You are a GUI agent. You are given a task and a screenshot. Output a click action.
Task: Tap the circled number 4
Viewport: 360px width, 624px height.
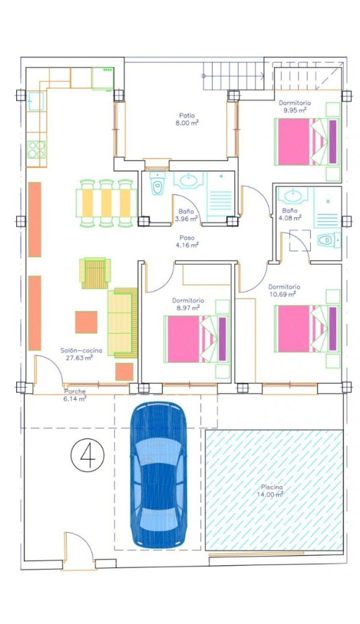pos(88,455)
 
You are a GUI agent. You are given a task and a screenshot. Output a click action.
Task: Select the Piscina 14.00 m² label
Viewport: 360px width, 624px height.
pos(272,491)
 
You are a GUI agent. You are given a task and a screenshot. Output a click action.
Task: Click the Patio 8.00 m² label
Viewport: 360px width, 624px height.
pos(187,119)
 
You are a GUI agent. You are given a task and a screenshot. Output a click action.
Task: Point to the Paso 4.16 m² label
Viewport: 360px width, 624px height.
pos(187,241)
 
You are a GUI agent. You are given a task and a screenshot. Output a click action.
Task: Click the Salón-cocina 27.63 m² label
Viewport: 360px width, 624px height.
pos(81,354)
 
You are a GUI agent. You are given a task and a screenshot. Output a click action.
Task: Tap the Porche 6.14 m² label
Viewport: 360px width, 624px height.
pos(75,395)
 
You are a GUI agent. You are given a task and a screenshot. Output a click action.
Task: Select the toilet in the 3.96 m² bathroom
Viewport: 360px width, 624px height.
pos(158,184)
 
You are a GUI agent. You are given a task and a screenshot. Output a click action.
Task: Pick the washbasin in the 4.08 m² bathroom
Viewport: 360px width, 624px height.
pos(293,195)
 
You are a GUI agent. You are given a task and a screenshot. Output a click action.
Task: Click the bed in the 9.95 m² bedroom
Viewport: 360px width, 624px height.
pos(307,141)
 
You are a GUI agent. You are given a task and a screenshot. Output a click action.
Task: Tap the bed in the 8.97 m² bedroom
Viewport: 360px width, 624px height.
pos(197,339)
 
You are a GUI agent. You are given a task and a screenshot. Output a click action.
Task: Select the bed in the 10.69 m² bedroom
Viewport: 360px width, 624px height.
pos(307,329)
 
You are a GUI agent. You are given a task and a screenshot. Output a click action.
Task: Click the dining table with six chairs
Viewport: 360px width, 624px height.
pos(106,203)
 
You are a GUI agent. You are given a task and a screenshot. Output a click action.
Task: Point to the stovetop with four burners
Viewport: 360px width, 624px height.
pos(36,149)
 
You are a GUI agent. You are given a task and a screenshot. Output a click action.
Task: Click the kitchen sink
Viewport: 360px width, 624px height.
pos(36,101)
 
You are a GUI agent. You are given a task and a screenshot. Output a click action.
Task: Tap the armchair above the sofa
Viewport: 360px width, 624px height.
pos(95,273)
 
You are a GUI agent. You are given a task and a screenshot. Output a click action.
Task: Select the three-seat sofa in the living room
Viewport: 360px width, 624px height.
pos(122,323)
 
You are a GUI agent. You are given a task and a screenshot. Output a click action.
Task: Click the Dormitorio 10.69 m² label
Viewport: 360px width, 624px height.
pos(284,290)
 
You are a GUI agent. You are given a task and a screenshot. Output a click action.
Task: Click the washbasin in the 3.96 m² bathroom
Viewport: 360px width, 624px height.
pos(189,180)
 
